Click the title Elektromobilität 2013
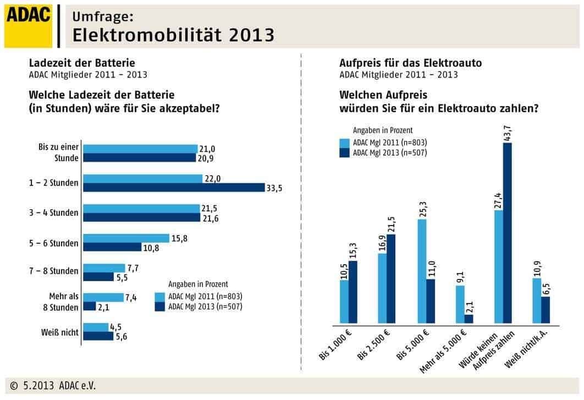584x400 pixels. coord(173,35)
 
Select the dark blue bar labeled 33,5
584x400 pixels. coord(173,188)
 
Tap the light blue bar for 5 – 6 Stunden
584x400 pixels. coord(126,238)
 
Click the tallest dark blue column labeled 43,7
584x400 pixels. coord(507,231)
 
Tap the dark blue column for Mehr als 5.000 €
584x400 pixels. coord(469,319)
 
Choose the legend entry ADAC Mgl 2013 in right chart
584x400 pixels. coord(389,152)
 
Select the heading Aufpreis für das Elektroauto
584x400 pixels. coord(410,63)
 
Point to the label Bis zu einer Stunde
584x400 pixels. coord(59,152)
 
